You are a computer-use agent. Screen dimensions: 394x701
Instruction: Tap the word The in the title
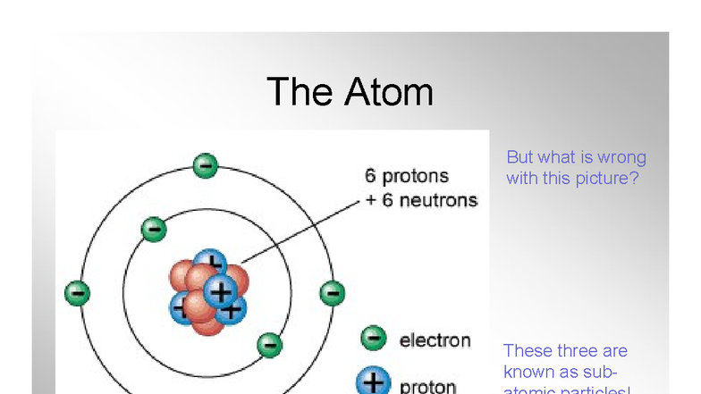point(299,92)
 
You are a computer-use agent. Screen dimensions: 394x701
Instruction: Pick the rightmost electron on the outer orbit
point(332,291)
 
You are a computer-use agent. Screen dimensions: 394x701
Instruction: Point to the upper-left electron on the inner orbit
point(154,229)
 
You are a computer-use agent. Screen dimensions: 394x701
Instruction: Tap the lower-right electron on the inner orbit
point(268,344)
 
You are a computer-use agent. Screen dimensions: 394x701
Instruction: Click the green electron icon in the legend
point(374,338)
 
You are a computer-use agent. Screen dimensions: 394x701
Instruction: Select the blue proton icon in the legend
point(373,382)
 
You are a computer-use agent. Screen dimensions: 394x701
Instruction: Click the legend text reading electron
point(435,340)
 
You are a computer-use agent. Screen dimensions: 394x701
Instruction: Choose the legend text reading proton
point(428,387)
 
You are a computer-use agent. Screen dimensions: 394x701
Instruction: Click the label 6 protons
point(407,176)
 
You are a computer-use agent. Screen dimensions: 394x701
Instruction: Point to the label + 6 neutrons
point(421,200)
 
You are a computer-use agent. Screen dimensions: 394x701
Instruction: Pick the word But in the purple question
point(519,158)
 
